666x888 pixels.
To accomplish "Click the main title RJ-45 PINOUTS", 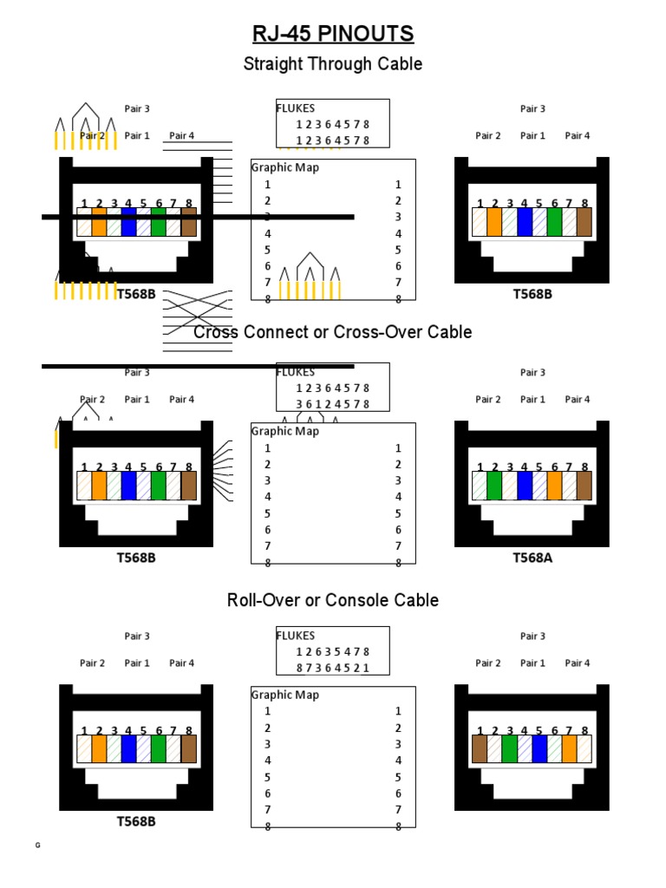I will coord(333,34).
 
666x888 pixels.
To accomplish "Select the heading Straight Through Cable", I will coord(333,64).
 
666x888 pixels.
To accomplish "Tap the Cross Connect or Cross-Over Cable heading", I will coord(333,332).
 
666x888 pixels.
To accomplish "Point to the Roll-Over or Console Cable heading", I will coord(333,600).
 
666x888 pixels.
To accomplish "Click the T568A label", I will coord(532,558).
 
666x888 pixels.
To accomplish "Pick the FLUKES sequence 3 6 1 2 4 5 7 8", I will coord(333,404).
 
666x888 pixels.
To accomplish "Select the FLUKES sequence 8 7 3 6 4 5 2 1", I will coord(333,668).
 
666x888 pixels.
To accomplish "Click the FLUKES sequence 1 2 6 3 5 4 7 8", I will coord(333,652).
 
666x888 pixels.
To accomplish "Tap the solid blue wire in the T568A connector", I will coord(525,486).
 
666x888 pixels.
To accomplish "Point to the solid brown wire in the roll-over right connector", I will coord(480,748).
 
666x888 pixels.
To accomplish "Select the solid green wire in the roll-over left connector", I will coord(159,748).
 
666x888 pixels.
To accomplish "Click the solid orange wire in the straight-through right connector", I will coord(494,222).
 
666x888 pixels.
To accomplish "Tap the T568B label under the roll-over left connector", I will coord(136,821).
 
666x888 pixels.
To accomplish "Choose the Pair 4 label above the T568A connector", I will coord(578,400).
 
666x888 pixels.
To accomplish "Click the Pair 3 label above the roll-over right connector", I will coord(532,636).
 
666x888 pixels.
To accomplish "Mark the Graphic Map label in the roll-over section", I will coord(285,695).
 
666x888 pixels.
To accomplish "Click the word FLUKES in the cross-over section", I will coord(296,372).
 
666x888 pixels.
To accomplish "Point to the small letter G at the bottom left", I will coord(37,846).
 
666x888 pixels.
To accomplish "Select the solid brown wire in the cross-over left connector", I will coord(189,486).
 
